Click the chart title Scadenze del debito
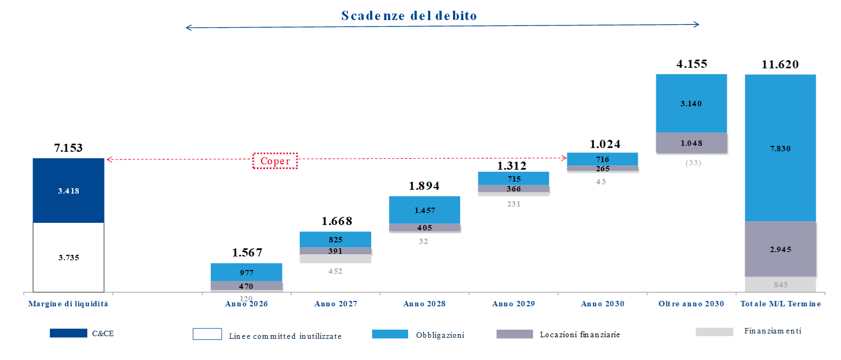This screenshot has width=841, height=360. coord(409,16)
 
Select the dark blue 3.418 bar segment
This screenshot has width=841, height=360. coord(68,190)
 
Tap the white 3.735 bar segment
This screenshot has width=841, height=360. coord(68,258)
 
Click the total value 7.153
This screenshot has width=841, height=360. coord(68,147)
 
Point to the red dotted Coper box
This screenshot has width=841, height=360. coord(275,161)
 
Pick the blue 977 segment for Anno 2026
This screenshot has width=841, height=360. coord(246,272)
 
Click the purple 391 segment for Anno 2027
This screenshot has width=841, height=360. coord(335,251)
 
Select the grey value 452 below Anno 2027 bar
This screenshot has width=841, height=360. coord(335,271)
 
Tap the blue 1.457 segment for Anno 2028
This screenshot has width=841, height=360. coord(424,210)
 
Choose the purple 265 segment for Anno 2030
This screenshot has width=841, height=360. coord(602,169)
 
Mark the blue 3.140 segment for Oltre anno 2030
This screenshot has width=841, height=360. coord(691,104)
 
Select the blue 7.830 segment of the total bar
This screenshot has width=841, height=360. coord(780,148)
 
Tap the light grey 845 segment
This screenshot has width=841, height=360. coord(780,285)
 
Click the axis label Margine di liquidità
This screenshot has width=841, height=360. coord(68,304)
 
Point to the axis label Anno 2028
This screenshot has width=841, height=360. coord(424,304)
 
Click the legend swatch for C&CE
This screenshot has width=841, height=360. coord(68,333)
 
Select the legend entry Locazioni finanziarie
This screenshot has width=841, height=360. coord(580,335)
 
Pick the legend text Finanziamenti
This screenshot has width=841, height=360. coord(773,331)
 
